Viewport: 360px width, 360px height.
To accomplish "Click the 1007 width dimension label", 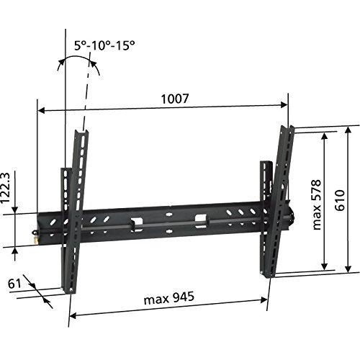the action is click(175, 99).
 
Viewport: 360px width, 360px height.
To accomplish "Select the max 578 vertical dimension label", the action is click(317, 204).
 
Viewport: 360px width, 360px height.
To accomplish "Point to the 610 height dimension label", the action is click(340, 200).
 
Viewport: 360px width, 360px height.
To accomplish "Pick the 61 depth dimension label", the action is click(14, 284).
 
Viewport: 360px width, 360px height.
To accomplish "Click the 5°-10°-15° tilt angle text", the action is click(104, 45).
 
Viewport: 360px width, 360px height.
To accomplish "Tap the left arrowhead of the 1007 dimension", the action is click(41, 111).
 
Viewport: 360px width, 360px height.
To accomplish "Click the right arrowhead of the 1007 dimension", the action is click(284, 105).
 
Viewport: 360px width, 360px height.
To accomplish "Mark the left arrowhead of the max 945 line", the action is click(73, 315).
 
